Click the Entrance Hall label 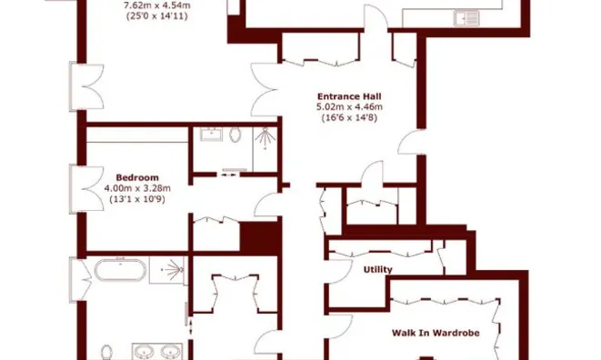point(349,95)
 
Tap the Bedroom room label point(138,177)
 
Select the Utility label point(378,270)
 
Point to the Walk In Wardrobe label point(436,333)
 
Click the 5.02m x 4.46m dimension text point(349,107)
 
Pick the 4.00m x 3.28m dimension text point(138,188)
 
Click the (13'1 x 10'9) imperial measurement point(138,199)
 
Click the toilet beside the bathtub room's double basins point(107,353)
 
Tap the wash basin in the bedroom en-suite point(213,135)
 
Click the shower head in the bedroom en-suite point(265,138)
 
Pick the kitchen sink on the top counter point(468,15)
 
